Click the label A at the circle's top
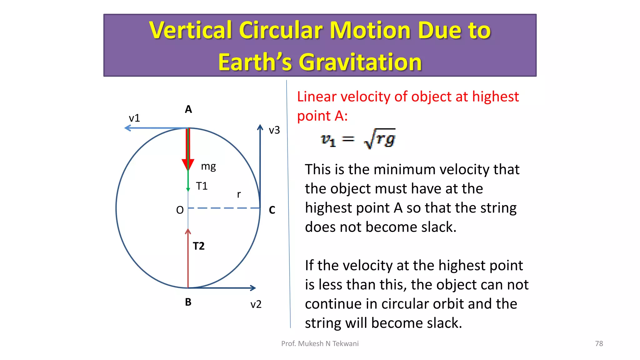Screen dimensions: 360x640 (x=188, y=109)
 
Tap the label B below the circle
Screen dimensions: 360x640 (x=188, y=302)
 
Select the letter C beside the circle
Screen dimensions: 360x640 (x=272, y=210)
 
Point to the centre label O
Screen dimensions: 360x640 (x=180, y=210)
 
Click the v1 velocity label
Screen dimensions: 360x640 (x=134, y=118)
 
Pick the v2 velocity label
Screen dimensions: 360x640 (x=256, y=304)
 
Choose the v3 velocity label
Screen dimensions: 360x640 (x=274, y=130)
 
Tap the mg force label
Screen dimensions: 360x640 (x=208, y=166)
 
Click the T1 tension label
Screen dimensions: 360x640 (x=202, y=186)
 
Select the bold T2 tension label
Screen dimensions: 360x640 (x=199, y=246)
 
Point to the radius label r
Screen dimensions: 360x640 (x=239, y=194)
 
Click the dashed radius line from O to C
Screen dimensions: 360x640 (x=224, y=208)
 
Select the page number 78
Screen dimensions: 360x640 (x=599, y=343)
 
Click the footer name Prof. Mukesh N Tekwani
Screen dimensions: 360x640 (x=320, y=343)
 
